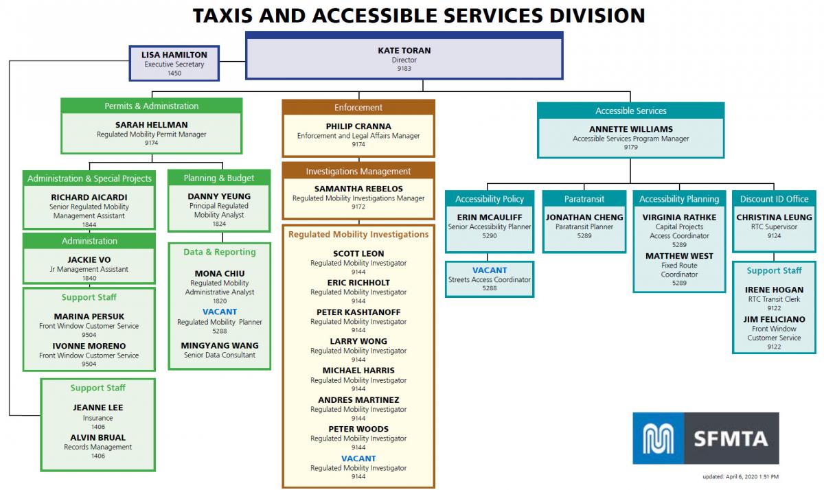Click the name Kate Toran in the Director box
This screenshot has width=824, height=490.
tap(404, 51)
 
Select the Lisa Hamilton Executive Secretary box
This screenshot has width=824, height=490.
tap(174, 63)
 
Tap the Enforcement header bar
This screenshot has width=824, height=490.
tap(358, 107)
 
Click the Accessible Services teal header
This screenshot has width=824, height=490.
tap(630, 110)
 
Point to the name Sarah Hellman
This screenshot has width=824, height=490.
tap(151, 125)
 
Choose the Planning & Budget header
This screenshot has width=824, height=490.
tap(219, 178)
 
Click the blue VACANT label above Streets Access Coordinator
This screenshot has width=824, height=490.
tap(490, 270)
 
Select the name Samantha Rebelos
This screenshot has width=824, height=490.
tap(358, 189)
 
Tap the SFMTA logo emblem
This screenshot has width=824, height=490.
tap(658, 438)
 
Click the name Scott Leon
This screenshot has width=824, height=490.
tap(358, 253)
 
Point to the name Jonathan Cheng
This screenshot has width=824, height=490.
tap(584, 217)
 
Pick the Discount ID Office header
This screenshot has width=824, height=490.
tap(774, 199)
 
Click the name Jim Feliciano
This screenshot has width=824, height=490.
tap(774, 319)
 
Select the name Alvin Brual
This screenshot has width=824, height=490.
tap(98, 437)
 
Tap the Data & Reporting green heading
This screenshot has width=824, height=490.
tap(220, 252)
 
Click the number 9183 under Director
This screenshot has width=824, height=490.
tap(404, 69)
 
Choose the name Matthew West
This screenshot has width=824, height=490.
tap(679, 256)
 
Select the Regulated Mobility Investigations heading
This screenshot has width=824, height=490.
tap(358, 235)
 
